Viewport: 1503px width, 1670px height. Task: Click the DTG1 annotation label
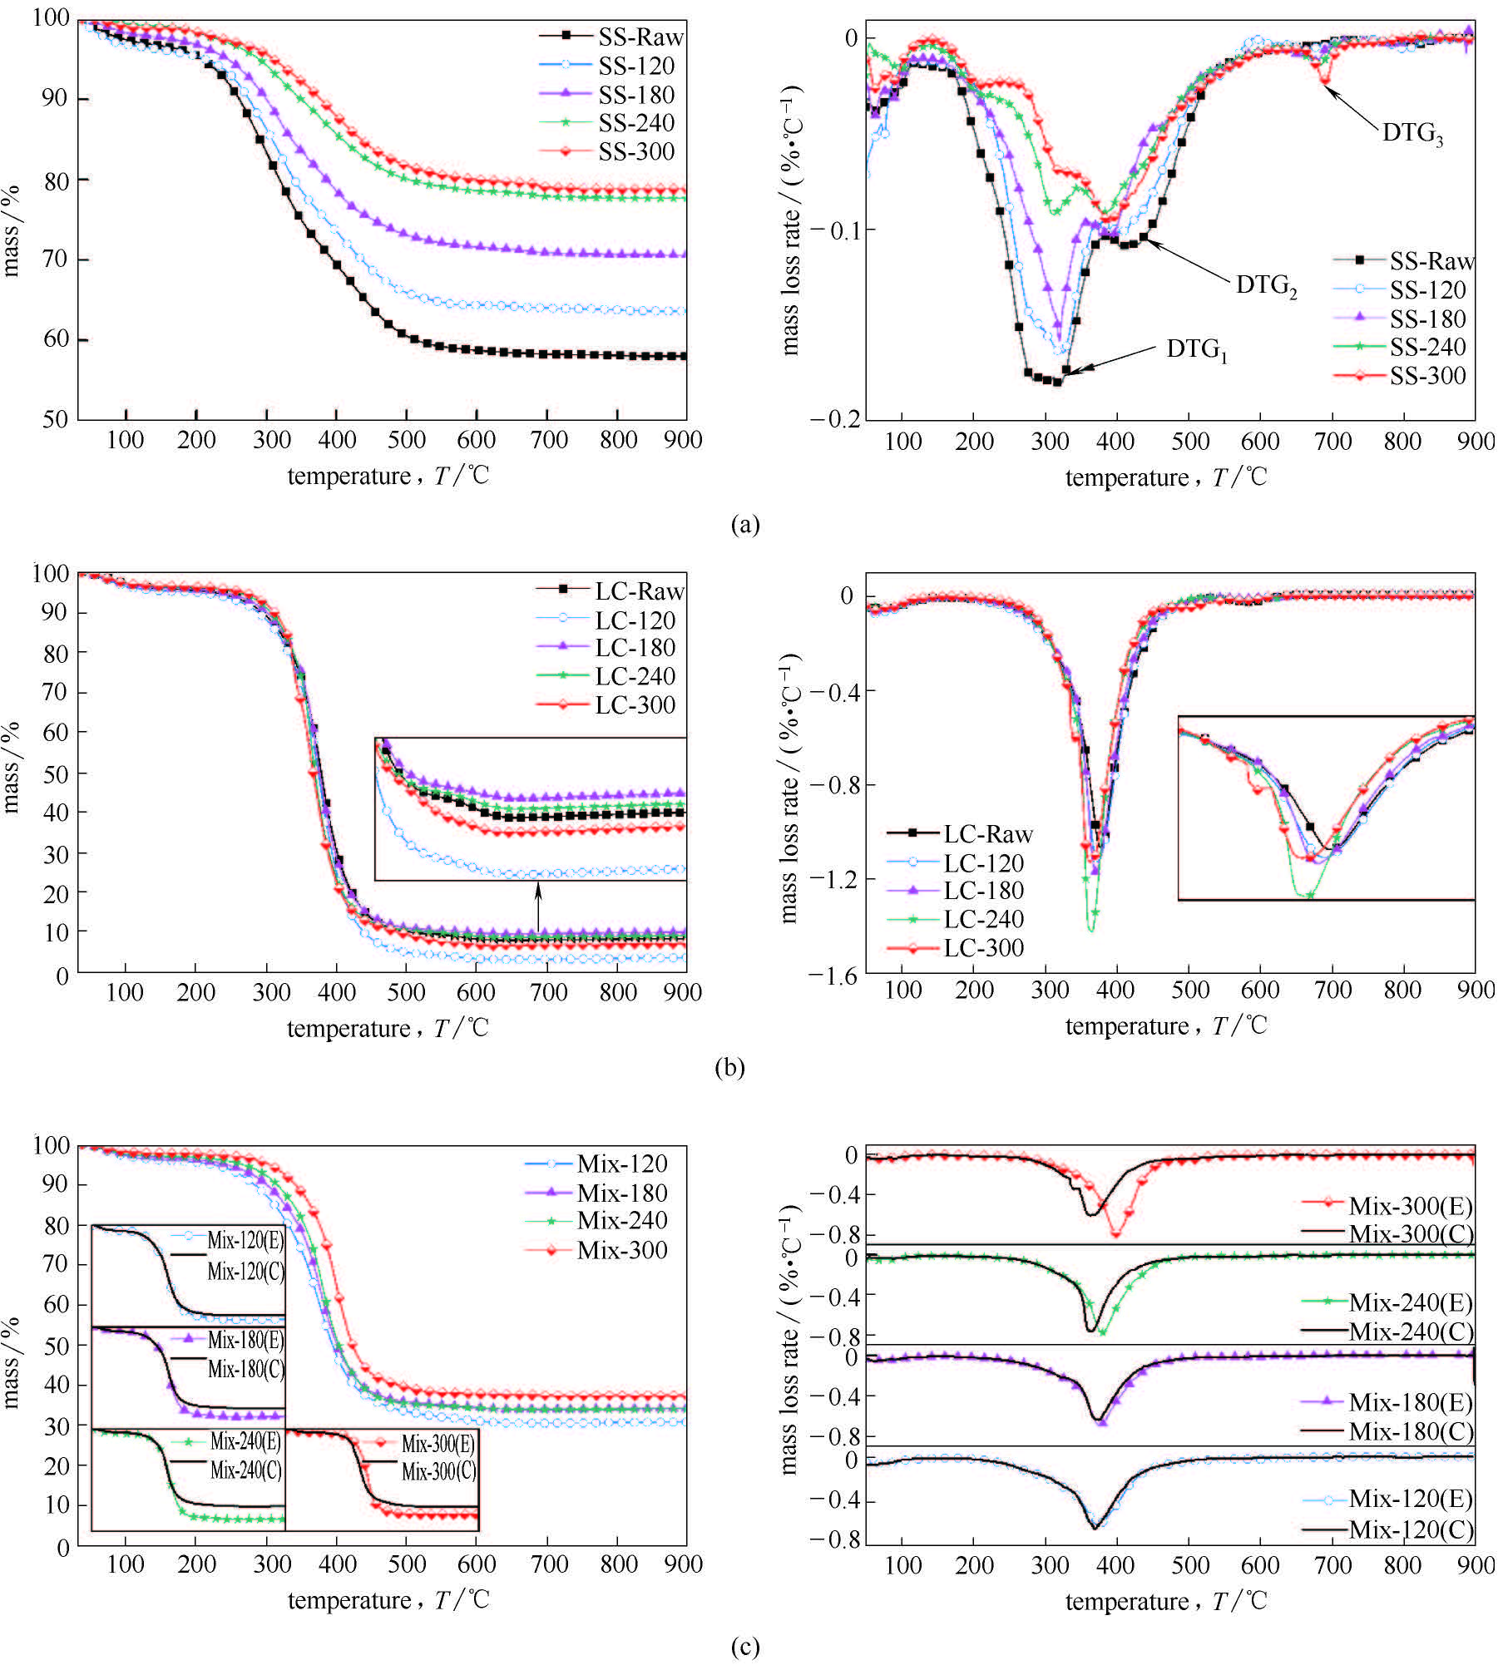click(1196, 349)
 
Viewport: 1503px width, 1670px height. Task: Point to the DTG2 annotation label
click(1266, 285)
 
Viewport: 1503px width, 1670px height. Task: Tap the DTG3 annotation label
click(1412, 133)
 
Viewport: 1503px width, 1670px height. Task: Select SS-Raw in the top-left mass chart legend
click(640, 37)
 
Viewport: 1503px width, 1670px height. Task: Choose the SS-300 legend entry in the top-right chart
click(1427, 376)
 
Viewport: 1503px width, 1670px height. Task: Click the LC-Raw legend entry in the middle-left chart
click(639, 591)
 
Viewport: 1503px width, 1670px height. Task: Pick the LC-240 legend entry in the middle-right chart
click(983, 919)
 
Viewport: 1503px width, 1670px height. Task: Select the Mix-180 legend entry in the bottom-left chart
click(622, 1193)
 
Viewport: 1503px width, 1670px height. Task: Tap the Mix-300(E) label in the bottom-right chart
click(1411, 1206)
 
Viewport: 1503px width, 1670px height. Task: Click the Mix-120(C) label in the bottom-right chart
click(1411, 1529)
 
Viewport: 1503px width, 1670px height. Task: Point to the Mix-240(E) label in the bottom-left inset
click(245, 1440)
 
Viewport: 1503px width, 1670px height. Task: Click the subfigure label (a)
click(744, 524)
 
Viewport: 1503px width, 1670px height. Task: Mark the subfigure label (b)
click(729, 1067)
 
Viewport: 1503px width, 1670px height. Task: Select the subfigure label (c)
click(744, 1647)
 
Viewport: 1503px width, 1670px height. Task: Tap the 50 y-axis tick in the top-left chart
click(55, 419)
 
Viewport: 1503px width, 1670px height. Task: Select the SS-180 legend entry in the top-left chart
click(636, 95)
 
